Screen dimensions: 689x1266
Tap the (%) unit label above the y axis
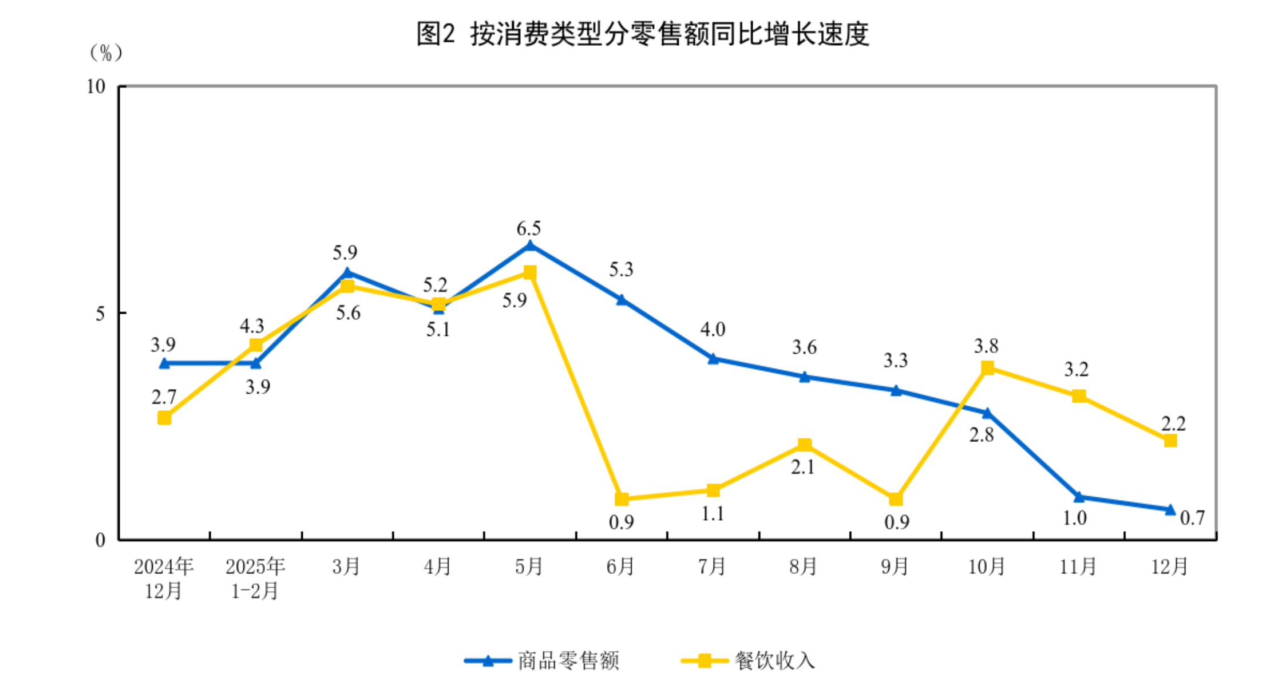[x=105, y=53]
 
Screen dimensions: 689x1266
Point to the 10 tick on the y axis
[x=96, y=87]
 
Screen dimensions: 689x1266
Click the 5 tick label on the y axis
[x=101, y=314]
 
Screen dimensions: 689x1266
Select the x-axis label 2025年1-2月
[x=255, y=578]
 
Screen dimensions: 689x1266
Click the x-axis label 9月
[x=895, y=567]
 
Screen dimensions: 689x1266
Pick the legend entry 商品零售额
[x=541, y=661]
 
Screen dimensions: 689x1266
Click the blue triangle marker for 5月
[x=530, y=246]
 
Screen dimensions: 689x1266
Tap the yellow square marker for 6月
[x=622, y=499]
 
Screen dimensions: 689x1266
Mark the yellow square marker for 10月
[x=987, y=368]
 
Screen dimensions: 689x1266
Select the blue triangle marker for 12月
[x=1170, y=509]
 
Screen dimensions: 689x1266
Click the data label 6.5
[x=528, y=229]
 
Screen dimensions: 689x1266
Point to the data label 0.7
[x=1192, y=518]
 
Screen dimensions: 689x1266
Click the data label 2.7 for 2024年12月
[x=164, y=397]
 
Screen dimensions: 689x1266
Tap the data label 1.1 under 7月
[x=713, y=514]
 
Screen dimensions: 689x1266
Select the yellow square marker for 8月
[x=804, y=445]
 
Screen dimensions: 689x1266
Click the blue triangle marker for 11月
[x=1079, y=497]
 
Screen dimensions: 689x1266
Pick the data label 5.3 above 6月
[x=621, y=270]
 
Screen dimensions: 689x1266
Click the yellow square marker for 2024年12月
[x=164, y=418]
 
